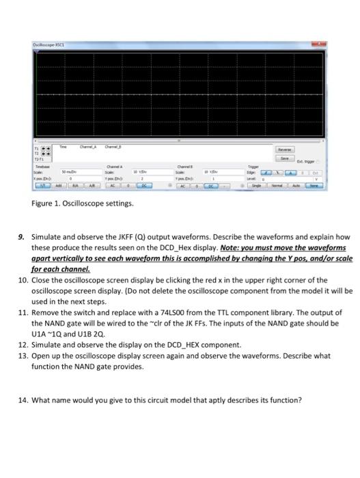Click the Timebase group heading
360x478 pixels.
point(42,165)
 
